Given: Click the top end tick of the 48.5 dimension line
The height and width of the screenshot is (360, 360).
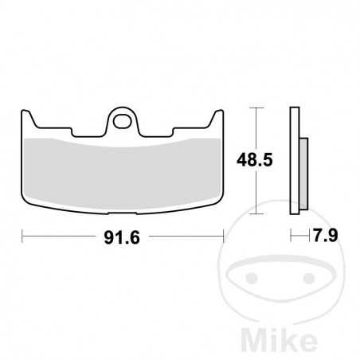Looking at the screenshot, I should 254,107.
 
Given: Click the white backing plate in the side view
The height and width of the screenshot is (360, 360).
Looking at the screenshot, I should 295,159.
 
